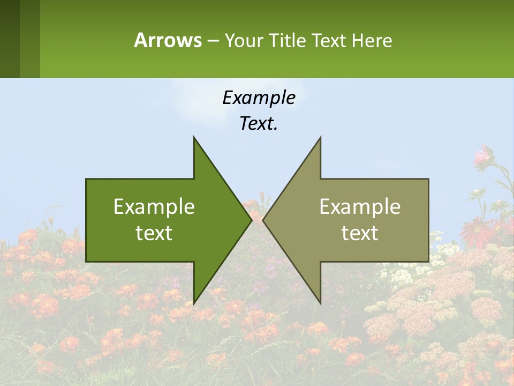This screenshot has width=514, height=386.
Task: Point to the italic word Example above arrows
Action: coord(259,98)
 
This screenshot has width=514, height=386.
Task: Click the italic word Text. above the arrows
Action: coord(259,124)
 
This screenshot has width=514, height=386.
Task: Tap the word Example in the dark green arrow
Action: coord(154,206)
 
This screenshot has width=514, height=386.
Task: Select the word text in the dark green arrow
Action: coord(154,233)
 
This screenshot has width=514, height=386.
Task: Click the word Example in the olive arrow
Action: coord(360,206)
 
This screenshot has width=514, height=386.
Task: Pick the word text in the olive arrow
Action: coord(360,233)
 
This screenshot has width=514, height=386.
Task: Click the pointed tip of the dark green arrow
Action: coord(251,220)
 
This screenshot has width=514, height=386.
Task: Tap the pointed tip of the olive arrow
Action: coord(264,220)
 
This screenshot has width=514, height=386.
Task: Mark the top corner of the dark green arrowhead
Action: coord(194,138)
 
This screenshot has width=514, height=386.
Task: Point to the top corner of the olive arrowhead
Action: coord(320,138)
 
